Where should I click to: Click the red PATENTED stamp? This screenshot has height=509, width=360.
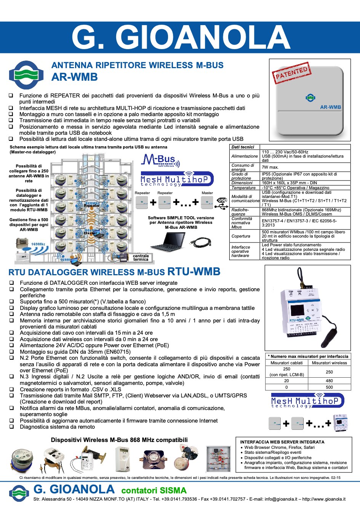tap(291, 73)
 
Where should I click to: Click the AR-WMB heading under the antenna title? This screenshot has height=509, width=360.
tap(75, 77)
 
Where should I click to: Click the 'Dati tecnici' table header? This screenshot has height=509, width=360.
tap(243, 147)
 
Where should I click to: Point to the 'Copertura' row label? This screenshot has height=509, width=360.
tap(241, 236)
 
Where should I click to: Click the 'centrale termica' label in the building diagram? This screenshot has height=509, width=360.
tap(141, 258)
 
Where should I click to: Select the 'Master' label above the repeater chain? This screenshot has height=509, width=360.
tap(207, 193)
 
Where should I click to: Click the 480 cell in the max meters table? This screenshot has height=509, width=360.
tap(329, 381)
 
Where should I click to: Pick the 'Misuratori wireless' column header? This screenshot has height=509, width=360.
tap(329, 363)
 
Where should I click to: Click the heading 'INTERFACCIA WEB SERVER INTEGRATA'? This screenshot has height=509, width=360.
tap(282, 442)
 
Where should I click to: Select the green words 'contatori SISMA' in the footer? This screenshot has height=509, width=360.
tap(154, 490)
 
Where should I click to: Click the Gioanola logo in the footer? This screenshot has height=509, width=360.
tap(19, 493)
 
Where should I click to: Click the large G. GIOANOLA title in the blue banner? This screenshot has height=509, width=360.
tap(181, 37)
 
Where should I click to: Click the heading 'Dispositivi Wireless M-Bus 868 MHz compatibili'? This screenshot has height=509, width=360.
tap(119, 440)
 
